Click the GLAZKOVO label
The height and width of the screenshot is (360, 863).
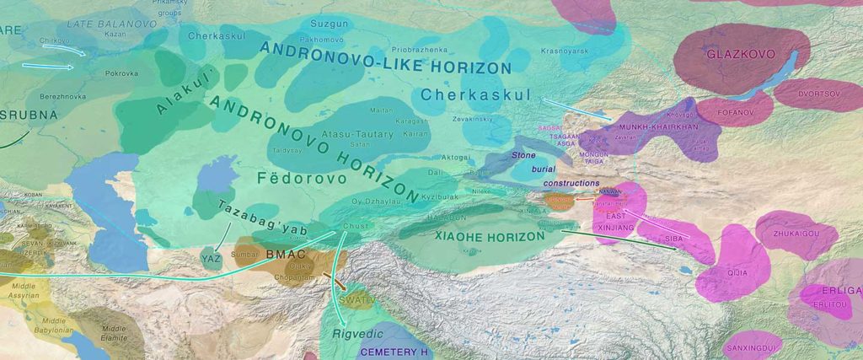point(727,53)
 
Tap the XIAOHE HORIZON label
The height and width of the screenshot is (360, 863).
point(490,238)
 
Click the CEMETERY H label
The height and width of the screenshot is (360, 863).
point(396,352)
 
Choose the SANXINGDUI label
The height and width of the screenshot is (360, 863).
point(750,347)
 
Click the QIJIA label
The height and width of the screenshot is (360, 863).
point(735,272)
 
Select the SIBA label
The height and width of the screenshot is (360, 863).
point(673,239)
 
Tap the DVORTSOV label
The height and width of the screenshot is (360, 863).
point(817,94)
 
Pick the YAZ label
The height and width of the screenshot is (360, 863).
point(211,259)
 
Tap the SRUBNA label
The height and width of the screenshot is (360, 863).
point(29,116)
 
